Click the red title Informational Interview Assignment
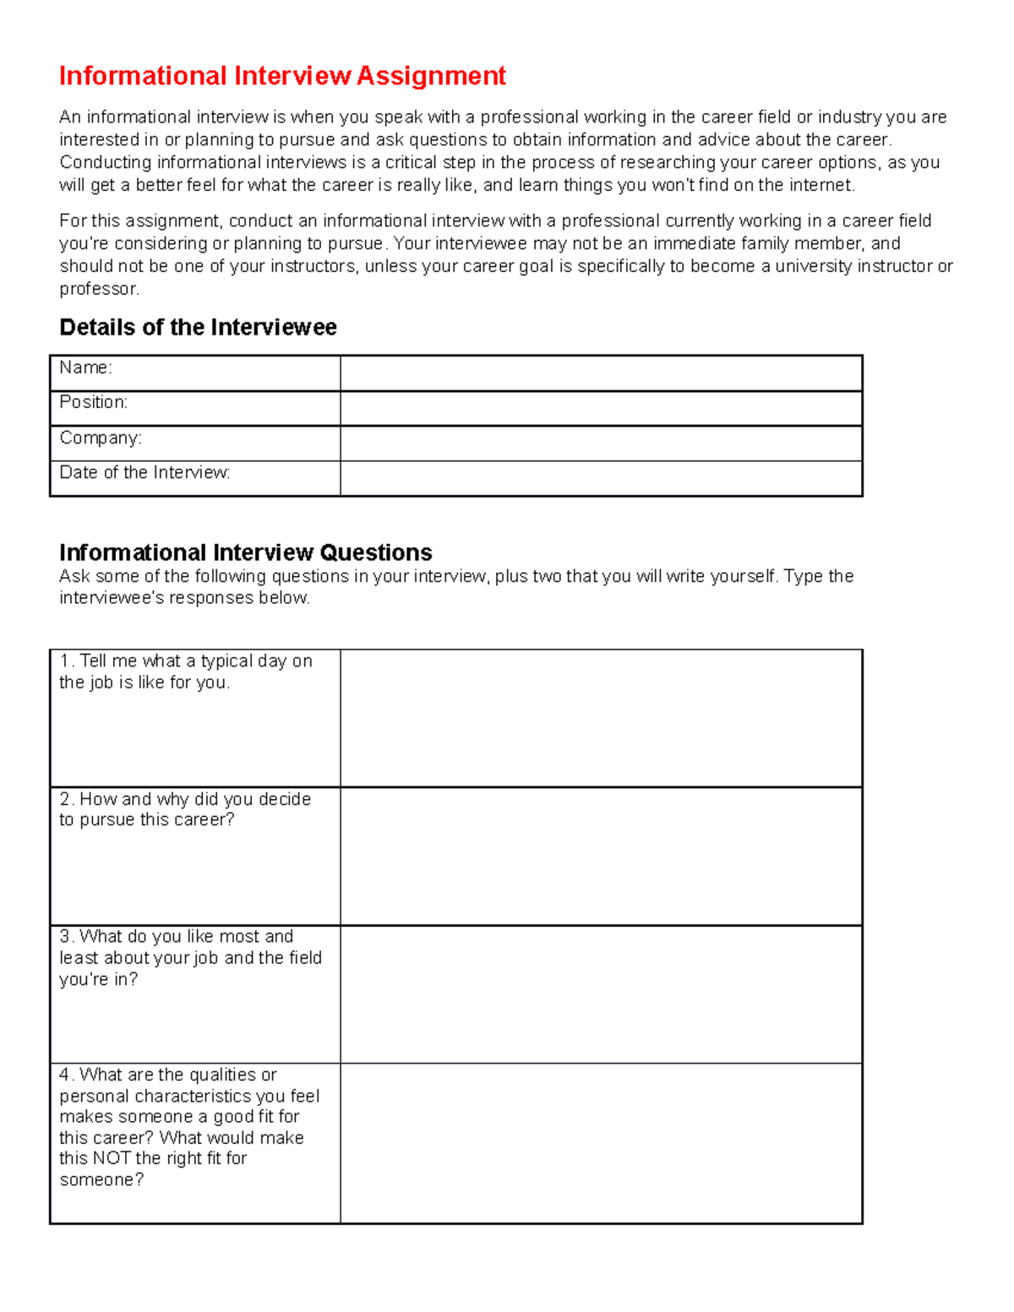[x=282, y=76]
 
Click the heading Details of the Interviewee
[x=198, y=328]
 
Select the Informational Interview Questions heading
[x=245, y=553]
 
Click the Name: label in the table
[x=85, y=367]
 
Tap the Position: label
[x=93, y=402]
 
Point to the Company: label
[x=101, y=438]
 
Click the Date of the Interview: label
[x=144, y=472]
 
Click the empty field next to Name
[x=600, y=373]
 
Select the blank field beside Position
[x=600, y=408]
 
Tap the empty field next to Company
[x=600, y=443]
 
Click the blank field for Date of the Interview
[x=600, y=478]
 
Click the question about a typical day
[x=186, y=672]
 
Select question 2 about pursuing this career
[x=185, y=809]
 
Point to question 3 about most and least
[x=190, y=958]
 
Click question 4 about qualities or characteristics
[x=189, y=1127]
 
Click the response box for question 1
[x=600, y=718]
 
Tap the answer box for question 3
[x=600, y=994]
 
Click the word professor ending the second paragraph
[x=98, y=289]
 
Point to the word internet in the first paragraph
[x=820, y=185]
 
